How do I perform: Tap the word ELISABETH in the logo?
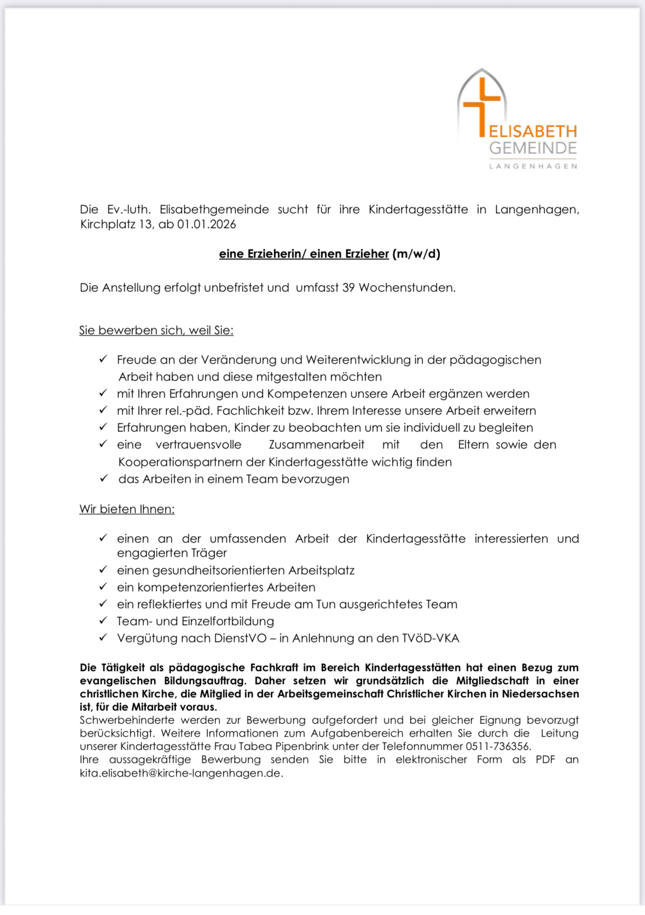tap(533, 132)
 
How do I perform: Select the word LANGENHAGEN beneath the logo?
tap(533, 166)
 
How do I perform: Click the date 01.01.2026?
tap(207, 224)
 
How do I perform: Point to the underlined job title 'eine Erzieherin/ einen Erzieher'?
tap(304, 254)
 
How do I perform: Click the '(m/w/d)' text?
tap(416, 254)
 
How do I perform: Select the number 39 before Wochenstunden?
tap(348, 288)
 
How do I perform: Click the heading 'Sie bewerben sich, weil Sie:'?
tap(156, 330)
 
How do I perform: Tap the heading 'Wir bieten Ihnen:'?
tap(127, 509)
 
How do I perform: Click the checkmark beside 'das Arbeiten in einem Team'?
tap(103, 479)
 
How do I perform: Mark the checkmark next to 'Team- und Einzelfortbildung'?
tap(103, 621)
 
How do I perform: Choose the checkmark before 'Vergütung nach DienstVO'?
tap(103, 638)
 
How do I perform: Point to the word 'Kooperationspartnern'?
tap(180, 462)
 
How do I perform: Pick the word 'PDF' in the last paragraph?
tap(545, 760)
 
